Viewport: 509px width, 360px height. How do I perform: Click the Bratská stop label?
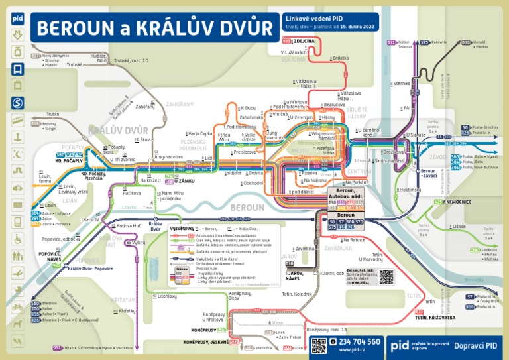341,58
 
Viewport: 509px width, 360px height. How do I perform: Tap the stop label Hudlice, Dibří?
99,58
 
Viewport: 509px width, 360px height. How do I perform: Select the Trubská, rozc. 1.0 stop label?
131,60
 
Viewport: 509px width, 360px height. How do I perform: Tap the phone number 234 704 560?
355,341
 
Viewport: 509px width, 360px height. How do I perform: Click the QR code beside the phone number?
319,345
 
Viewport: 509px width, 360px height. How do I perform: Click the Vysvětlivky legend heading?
180,228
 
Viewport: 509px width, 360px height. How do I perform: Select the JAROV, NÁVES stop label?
292,276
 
